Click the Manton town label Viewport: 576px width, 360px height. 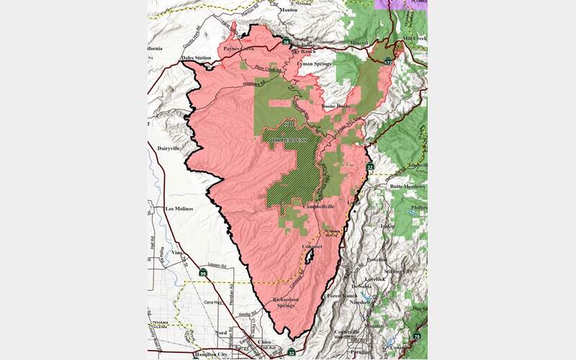tap(289, 11)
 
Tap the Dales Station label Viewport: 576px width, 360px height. tap(176, 58)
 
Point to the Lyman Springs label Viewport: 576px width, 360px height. tap(315, 64)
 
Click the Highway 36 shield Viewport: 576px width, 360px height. tap(286, 42)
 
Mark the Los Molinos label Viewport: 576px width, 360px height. tap(181, 209)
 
